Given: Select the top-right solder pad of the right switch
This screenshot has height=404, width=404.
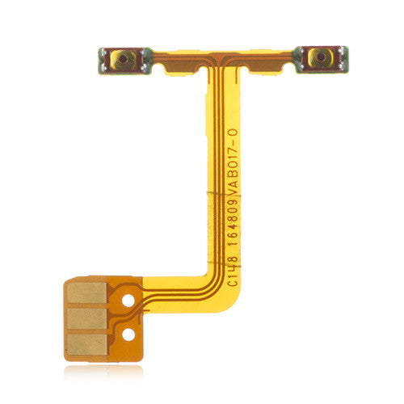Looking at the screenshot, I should tap(343, 51).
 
